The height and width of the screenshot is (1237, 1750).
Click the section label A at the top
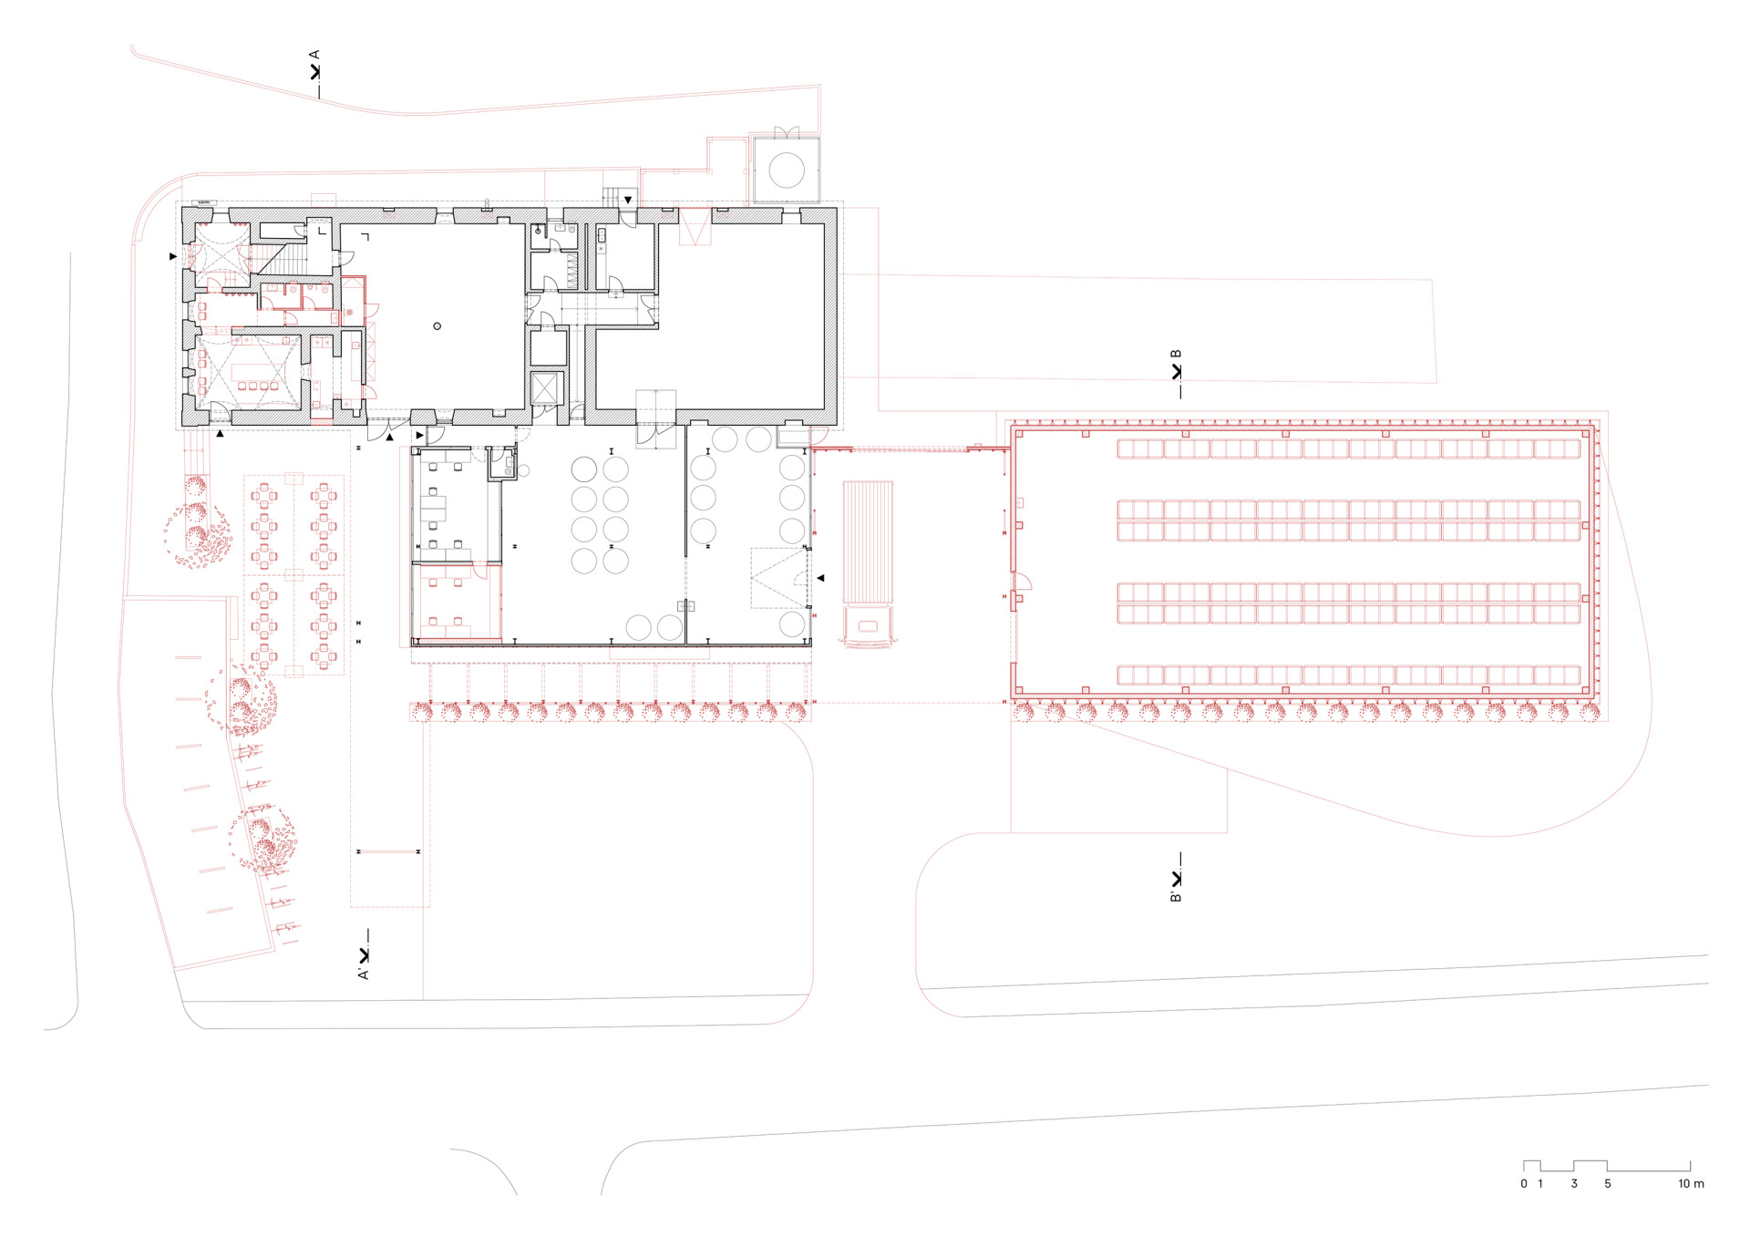(x=315, y=55)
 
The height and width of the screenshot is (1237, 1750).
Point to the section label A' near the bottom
(x=364, y=974)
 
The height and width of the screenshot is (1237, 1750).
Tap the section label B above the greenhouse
(x=1176, y=354)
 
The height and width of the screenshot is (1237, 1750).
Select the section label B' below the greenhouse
(x=1176, y=897)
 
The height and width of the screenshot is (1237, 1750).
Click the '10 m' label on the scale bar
(x=1691, y=1183)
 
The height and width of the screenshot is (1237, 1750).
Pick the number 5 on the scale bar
(x=1608, y=1183)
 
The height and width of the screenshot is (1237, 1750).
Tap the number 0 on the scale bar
(x=1524, y=1183)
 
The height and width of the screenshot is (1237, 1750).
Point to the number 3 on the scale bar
(x=1574, y=1183)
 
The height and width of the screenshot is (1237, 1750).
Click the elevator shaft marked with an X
(x=544, y=388)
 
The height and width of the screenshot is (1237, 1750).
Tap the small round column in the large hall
(x=437, y=325)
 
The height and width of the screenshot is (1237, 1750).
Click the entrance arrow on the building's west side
(x=173, y=257)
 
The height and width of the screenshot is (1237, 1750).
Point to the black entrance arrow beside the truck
(x=820, y=578)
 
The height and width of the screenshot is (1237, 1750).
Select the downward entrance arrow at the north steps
(x=628, y=201)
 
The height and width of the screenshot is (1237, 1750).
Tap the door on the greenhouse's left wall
(x=1021, y=583)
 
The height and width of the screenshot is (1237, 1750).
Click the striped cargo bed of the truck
(x=868, y=542)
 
